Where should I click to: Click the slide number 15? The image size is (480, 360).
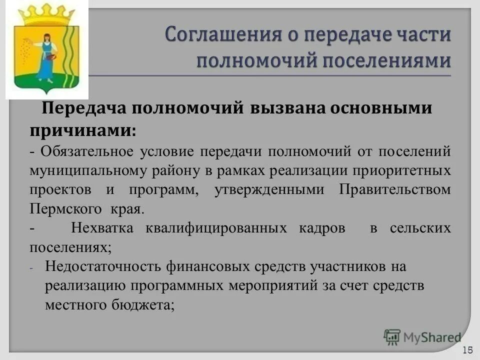pyautogui.click(x=468, y=349)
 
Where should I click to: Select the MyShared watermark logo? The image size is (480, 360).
pyautogui.click(x=422, y=337)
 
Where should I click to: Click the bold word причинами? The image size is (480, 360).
pyautogui.click(x=82, y=117)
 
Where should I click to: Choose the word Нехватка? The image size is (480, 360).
pyautogui.click(x=102, y=228)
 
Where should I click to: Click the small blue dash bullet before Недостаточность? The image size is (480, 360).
pyautogui.click(x=31, y=268)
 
